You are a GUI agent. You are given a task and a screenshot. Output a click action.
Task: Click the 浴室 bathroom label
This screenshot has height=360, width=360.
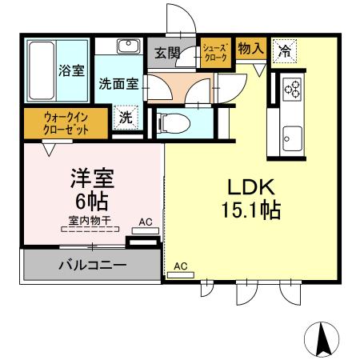tap(71, 70)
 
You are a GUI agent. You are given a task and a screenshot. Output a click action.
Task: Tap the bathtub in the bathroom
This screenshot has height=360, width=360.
tap(39, 70)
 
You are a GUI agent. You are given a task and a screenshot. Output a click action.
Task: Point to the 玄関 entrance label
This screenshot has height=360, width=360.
tap(167, 54)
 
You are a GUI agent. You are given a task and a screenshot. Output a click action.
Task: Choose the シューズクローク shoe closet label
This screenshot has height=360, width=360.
tap(217, 53)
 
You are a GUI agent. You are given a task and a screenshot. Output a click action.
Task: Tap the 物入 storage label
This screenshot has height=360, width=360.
tap(251, 49)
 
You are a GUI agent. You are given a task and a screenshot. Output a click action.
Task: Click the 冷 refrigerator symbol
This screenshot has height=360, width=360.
tap(284, 50)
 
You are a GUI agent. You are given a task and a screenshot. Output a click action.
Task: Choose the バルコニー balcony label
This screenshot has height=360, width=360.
tap(91, 265)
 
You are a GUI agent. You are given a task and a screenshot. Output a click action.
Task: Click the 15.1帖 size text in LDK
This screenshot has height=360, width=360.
tap(250, 212)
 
